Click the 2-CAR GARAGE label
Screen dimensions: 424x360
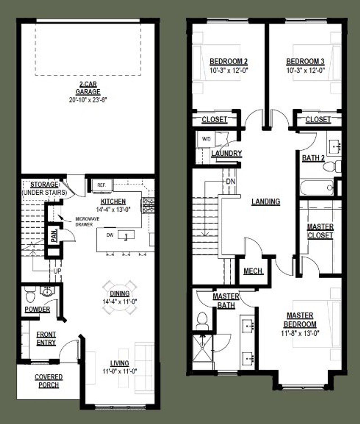(x=88, y=88)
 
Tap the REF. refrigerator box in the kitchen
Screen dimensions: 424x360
(x=102, y=185)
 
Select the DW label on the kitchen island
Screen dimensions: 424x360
(x=110, y=235)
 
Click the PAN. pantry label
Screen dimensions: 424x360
(x=54, y=236)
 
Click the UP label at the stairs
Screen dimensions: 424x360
(x=57, y=271)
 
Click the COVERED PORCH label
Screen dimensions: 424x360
(x=49, y=381)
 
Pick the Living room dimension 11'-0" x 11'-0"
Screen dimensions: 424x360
(x=120, y=371)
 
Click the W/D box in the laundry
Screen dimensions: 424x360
(x=206, y=139)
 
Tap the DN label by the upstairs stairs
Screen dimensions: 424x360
(x=231, y=181)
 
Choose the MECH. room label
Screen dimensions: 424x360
(x=253, y=271)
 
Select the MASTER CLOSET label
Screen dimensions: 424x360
(x=320, y=231)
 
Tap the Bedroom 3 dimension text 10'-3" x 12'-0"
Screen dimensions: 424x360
(x=305, y=70)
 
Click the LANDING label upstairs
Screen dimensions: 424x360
(x=266, y=201)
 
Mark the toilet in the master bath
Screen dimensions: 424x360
(x=202, y=320)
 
